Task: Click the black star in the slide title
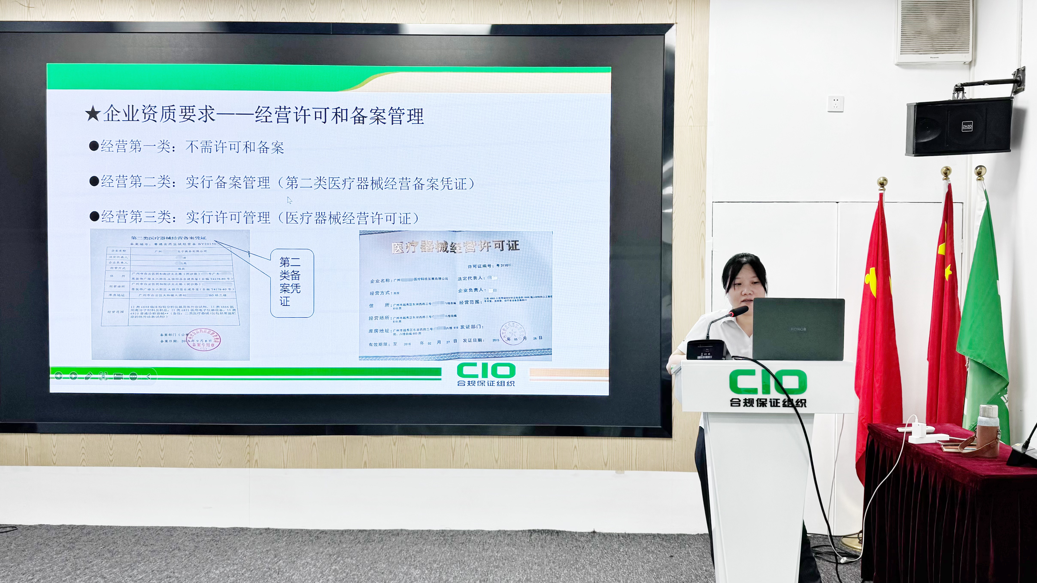(x=93, y=114)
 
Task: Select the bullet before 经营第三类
(x=94, y=217)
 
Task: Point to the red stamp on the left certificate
(x=204, y=340)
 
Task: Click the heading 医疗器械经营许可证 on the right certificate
(x=455, y=246)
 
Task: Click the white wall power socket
(x=836, y=103)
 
